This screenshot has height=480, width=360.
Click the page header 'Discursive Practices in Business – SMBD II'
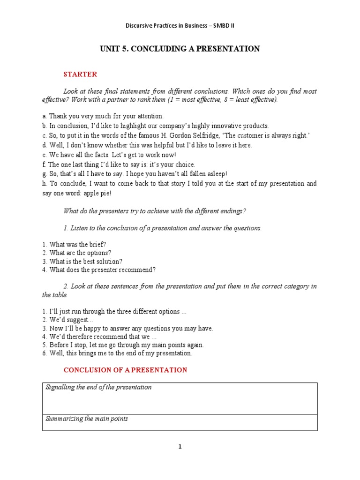[180, 25]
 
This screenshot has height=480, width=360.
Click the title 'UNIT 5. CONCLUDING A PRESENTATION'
[180, 49]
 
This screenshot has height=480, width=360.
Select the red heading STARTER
[80, 74]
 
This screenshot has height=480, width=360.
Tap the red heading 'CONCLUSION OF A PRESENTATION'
[125, 370]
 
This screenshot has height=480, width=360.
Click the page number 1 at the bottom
[180, 447]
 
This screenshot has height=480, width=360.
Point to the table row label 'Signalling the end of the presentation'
[98, 387]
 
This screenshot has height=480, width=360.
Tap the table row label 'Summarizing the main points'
[87, 419]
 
